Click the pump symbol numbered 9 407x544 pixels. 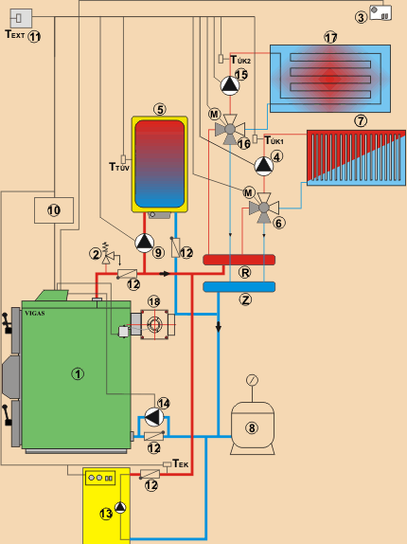144,243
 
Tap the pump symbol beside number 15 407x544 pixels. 230,85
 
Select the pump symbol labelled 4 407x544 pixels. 264,166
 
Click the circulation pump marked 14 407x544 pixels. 154,416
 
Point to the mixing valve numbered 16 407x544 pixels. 230,130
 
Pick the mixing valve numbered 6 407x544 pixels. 264,208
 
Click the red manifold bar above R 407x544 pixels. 239,260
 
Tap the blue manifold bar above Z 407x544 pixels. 239,287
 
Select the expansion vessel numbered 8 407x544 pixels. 253,427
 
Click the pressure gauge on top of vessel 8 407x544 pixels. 252,380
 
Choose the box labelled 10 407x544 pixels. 54,210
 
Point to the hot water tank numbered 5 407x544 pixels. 160,164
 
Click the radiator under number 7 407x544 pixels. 356,158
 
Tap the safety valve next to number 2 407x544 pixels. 106,256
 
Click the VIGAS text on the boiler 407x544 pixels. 35,314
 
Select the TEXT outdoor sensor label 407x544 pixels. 15,34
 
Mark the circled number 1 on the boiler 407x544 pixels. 78,373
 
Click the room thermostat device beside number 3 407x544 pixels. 380,13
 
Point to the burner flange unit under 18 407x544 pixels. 154,325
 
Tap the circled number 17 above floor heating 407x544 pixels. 330,37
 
